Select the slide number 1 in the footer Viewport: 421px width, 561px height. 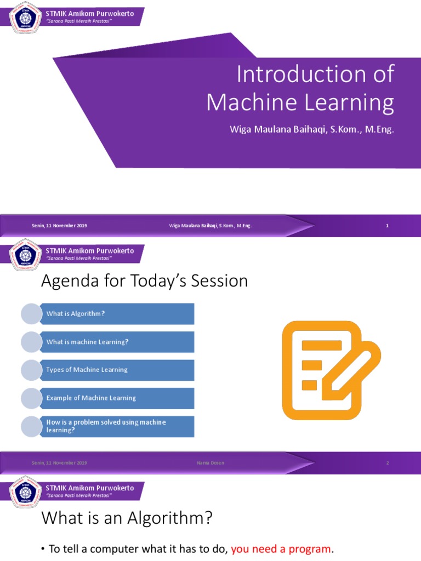point(387,226)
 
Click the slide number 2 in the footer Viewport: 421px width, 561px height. point(387,463)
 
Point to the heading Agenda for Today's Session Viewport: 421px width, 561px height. point(145,281)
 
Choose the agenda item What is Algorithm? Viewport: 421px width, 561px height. point(117,314)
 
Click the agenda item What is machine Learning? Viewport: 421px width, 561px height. point(117,342)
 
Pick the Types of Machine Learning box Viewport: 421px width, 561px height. point(117,370)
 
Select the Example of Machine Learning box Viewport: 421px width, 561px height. point(117,398)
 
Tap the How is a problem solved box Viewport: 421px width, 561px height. point(117,426)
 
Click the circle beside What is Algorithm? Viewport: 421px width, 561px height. point(31,314)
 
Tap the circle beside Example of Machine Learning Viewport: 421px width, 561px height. point(31,398)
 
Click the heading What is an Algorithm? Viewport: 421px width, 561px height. point(127,518)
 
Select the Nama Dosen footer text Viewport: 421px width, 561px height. point(210,463)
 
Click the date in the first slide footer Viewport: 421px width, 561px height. point(59,226)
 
